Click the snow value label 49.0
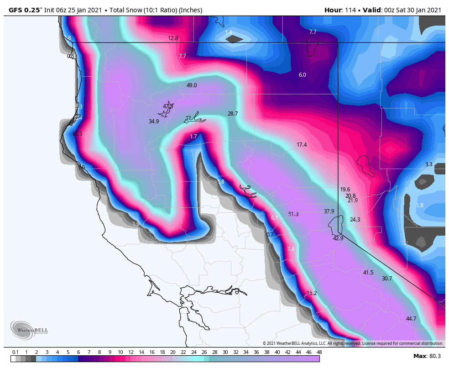[x=192, y=85]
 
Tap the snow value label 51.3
[x=293, y=214]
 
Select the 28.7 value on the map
[x=233, y=114]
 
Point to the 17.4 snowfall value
[x=302, y=145]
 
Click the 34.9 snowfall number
[x=154, y=121]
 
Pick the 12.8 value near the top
[x=173, y=38]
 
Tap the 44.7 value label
[x=411, y=319]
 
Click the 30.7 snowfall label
[x=387, y=279]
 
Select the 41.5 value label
[x=368, y=273]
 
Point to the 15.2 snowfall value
[x=312, y=293]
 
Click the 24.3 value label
[x=355, y=220]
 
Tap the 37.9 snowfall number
[x=329, y=211]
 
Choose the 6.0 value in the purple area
[x=302, y=75]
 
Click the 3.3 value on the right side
[x=428, y=164]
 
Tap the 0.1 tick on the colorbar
[x=15, y=352]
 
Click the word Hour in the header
[x=333, y=10]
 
